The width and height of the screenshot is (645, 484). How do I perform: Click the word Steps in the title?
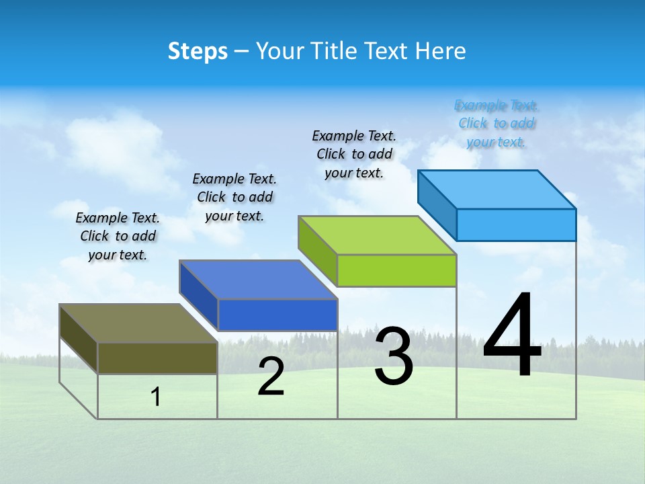198,51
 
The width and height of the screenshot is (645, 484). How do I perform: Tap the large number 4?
512,336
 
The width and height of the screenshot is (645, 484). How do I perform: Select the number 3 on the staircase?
394,356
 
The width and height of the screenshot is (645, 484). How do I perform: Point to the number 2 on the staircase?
271,377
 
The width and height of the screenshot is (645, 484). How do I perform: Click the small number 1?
156,397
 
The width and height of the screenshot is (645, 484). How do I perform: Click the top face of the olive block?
138,323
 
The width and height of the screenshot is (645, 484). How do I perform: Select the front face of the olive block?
157,358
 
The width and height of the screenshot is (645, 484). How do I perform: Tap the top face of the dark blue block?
258,280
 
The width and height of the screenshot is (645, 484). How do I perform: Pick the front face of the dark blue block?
277,315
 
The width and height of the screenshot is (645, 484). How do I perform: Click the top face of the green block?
377,235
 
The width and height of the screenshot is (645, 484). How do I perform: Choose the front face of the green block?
396,270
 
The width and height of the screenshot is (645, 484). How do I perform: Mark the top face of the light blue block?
497,190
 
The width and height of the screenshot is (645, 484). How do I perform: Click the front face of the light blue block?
516,225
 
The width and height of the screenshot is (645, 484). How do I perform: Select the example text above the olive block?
118,236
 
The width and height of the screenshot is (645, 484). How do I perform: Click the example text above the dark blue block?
234,197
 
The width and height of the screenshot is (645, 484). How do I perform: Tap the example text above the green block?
354,154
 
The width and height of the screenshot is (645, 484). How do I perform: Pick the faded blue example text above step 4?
497,124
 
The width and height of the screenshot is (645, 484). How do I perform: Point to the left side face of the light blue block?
437,204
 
